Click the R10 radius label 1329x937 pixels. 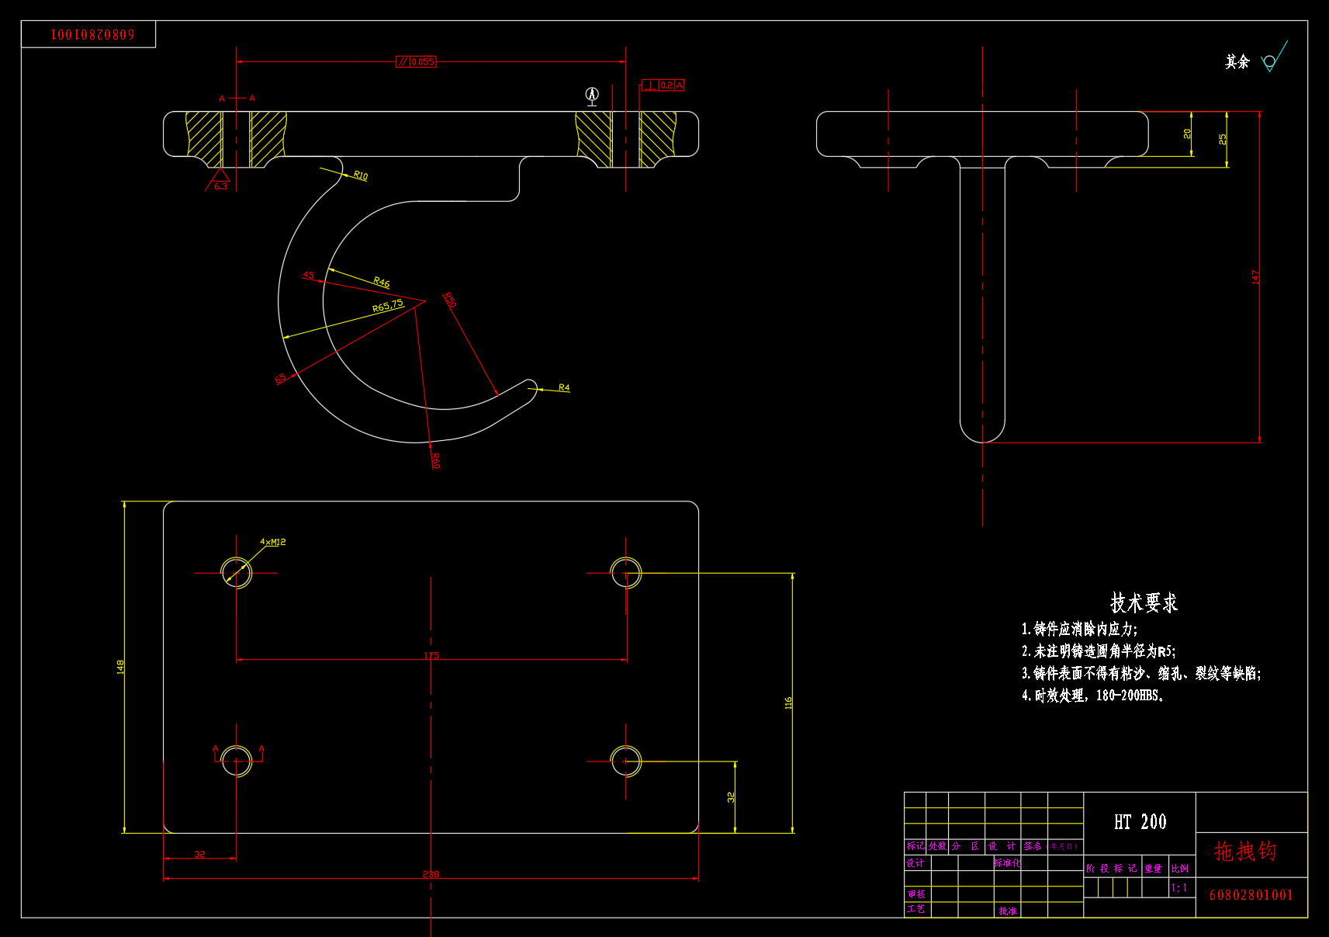361,175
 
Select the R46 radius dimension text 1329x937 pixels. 381,282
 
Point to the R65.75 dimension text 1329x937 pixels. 388,306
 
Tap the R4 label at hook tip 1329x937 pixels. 564,387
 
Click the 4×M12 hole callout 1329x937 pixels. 272,542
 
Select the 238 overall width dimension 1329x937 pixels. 431,874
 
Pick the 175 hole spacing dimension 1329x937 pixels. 431,655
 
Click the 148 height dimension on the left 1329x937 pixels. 120,667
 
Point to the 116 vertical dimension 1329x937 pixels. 788,703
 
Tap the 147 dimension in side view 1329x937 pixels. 1255,276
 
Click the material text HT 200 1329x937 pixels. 1140,821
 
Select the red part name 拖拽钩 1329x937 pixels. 1244,852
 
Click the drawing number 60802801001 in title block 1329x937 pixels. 1251,895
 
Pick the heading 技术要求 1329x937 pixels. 1144,602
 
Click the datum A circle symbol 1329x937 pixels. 592,94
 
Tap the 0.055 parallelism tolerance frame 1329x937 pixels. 417,61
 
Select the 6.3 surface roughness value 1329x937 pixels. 221,186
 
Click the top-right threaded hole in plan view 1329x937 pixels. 626,573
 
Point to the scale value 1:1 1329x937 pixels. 1179,887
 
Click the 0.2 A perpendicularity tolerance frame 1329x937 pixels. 663,85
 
